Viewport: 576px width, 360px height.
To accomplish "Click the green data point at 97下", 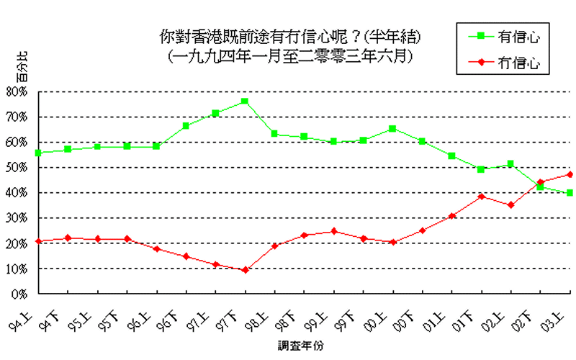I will [245, 101].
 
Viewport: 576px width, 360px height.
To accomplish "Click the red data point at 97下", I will [245, 270].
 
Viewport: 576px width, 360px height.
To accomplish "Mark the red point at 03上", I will [570, 174].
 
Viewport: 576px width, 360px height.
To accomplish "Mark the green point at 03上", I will [570, 192].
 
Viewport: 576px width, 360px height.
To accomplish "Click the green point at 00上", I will [392, 128].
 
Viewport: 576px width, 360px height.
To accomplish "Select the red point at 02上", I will [510, 205].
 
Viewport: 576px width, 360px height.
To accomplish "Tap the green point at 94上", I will [38, 153].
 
